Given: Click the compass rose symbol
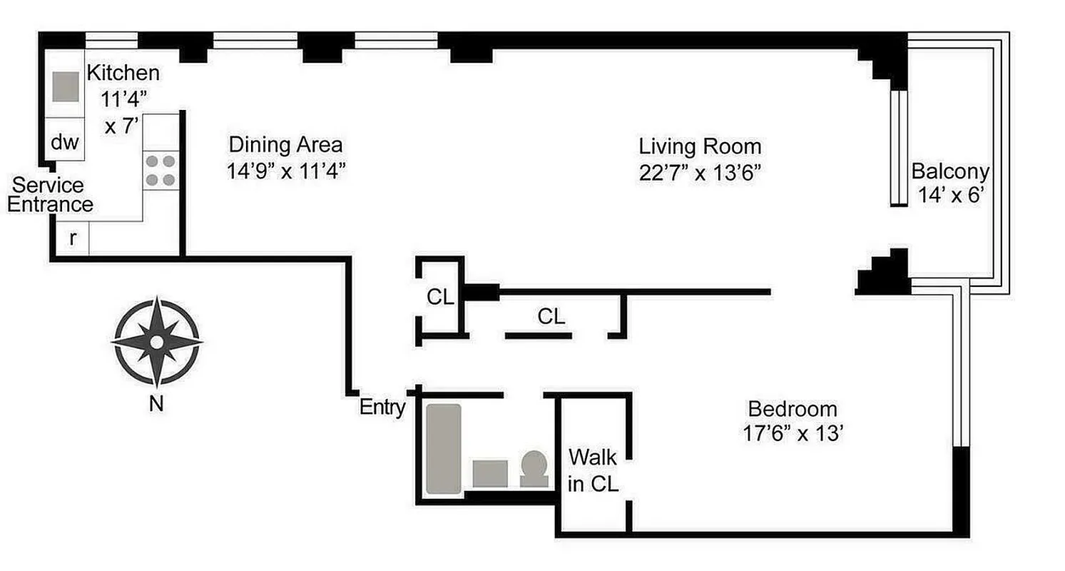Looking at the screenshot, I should pos(156,343).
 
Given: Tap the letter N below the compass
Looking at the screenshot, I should pos(156,405).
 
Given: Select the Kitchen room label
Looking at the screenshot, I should pos(123,72).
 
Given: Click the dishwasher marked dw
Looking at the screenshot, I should pos(64,142).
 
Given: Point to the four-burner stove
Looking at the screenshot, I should pos(160,170).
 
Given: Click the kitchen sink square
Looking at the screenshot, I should pos(66,86).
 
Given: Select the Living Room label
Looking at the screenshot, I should pos(700,146).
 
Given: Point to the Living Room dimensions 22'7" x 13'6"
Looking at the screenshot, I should pos(700,173).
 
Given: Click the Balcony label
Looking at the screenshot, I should pos(950,171).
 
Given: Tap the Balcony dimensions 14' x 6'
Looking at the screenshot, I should pos(950,196).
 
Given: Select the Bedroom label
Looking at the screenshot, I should pos(792,409).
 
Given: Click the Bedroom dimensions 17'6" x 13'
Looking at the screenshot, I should pos(792,434).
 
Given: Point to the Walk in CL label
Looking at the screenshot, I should pos(592,469).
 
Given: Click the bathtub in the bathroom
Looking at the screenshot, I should pos(443,449).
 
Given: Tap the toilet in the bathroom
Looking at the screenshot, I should pos(534,468).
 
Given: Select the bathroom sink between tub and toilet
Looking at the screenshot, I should pos(490,473).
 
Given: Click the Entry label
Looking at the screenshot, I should pos(382,408).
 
